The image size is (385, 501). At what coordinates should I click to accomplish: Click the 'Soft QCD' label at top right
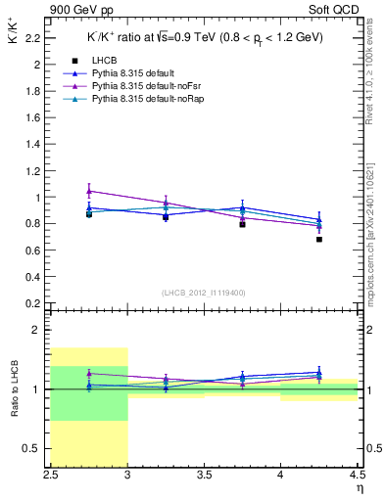click(336, 9)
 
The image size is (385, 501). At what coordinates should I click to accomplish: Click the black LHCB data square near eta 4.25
click(319, 239)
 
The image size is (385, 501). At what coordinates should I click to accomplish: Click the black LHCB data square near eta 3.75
click(242, 224)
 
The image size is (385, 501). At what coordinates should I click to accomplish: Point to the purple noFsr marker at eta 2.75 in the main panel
click(89, 191)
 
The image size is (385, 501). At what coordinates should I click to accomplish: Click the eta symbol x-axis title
click(360, 488)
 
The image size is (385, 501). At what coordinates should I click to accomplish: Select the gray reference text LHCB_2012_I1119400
click(204, 293)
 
